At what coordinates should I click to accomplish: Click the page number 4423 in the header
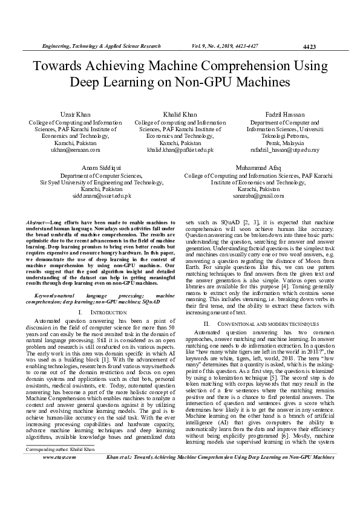point(309,47)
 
